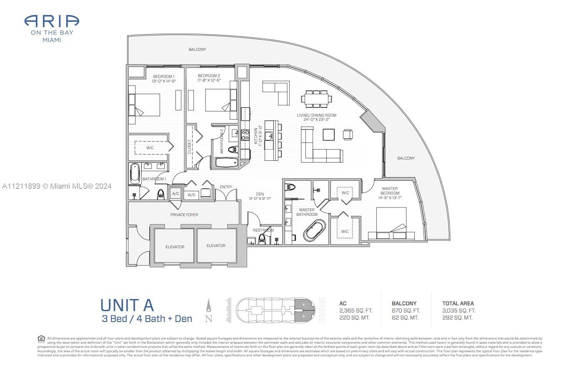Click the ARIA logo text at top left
point(52,21)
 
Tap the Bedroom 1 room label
point(164,76)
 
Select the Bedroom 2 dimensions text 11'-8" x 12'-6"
point(209,80)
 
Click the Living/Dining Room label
point(316,115)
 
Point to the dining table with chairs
point(317,99)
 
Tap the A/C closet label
point(175,194)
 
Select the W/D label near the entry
point(191,195)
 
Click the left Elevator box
point(175,247)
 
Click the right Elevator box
point(216,246)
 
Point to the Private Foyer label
point(184,215)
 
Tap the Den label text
point(260,194)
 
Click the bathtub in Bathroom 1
point(135,173)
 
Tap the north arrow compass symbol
point(209,309)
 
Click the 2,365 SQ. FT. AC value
point(356,310)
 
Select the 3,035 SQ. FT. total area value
point(458,310)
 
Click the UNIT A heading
point(127,305)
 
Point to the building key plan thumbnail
point(275,310)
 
